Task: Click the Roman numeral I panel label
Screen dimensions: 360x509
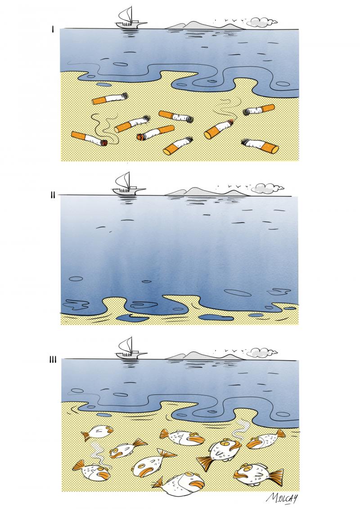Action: [x=52, y=30]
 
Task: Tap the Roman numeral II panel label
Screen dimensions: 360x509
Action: [x=53, y=195]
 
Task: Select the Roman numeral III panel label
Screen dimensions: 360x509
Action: [x=53, y=360]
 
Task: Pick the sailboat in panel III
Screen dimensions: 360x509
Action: [x=130, y=348]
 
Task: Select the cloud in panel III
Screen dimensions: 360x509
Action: [x=261, y=352]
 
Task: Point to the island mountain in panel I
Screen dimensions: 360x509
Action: [x=205, y=26]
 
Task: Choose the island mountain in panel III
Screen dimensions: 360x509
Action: [x=205, y=356]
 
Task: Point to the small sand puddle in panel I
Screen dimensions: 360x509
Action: [x=104, y=85]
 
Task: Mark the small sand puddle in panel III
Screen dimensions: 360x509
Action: [x=104, y=415]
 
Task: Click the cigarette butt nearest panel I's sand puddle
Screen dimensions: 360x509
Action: [x=110, y=98]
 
